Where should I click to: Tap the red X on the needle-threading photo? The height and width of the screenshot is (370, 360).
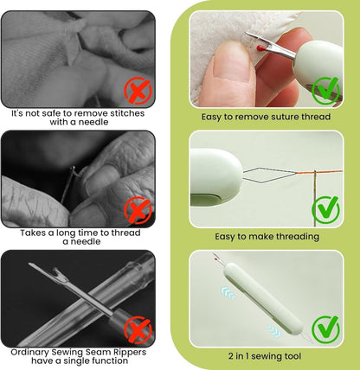click(136, 209)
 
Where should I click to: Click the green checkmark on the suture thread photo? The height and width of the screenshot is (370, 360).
click(325, 88)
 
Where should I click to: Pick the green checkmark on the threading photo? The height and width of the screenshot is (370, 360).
click(325, 207)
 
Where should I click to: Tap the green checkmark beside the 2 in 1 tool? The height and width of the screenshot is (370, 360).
click(325, 327)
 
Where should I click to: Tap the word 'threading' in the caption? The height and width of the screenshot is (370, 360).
click(292, 236)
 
